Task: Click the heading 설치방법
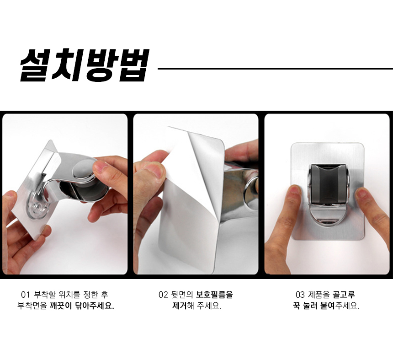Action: pyautogui.click(x=85, y=65)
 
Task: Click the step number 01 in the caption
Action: pyautogui.click(x=25, y=295)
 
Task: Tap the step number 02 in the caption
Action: pyautogui.click(x=163, y=295)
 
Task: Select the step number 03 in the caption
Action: pyautogui.click(x=300, y=295)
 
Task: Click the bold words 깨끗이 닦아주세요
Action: pyautogui.click(x=82, y=306)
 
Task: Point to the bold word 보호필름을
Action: pyautogui.click(x=214, y=295)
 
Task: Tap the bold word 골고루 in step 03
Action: pyautogui.click(x=344, y=295)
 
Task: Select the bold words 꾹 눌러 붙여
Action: pyautogui.click(x=314, y=306)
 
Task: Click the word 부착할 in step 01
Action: pyautogui.click(x=44, y=295)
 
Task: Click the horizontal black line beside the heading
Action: pyautogui.click(x=275, y=69)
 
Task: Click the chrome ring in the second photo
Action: pyautogui.click(x=249, y=193)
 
